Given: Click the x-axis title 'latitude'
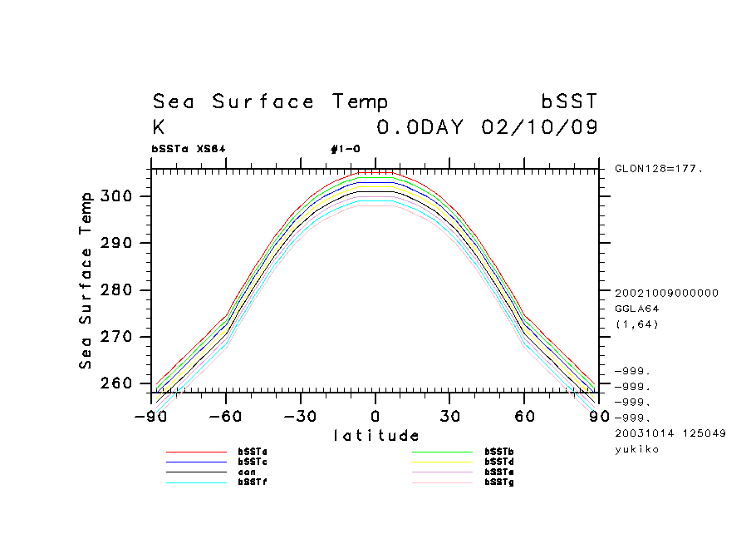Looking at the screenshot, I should [x=375, y=435].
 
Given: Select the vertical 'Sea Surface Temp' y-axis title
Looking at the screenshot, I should [x=86, y=280].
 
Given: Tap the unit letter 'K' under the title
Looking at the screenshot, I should [x=159, y=128].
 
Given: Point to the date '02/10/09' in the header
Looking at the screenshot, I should [x=539, y=128].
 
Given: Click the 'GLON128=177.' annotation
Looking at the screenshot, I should [x=659, y=168].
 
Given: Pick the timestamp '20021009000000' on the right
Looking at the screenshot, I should [x=666, y=293].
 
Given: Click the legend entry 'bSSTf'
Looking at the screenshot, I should [x=253, y=482].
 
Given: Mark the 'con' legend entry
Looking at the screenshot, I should [x=247, y=472].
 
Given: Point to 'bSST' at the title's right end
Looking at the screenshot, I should [x=569, y=102].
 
